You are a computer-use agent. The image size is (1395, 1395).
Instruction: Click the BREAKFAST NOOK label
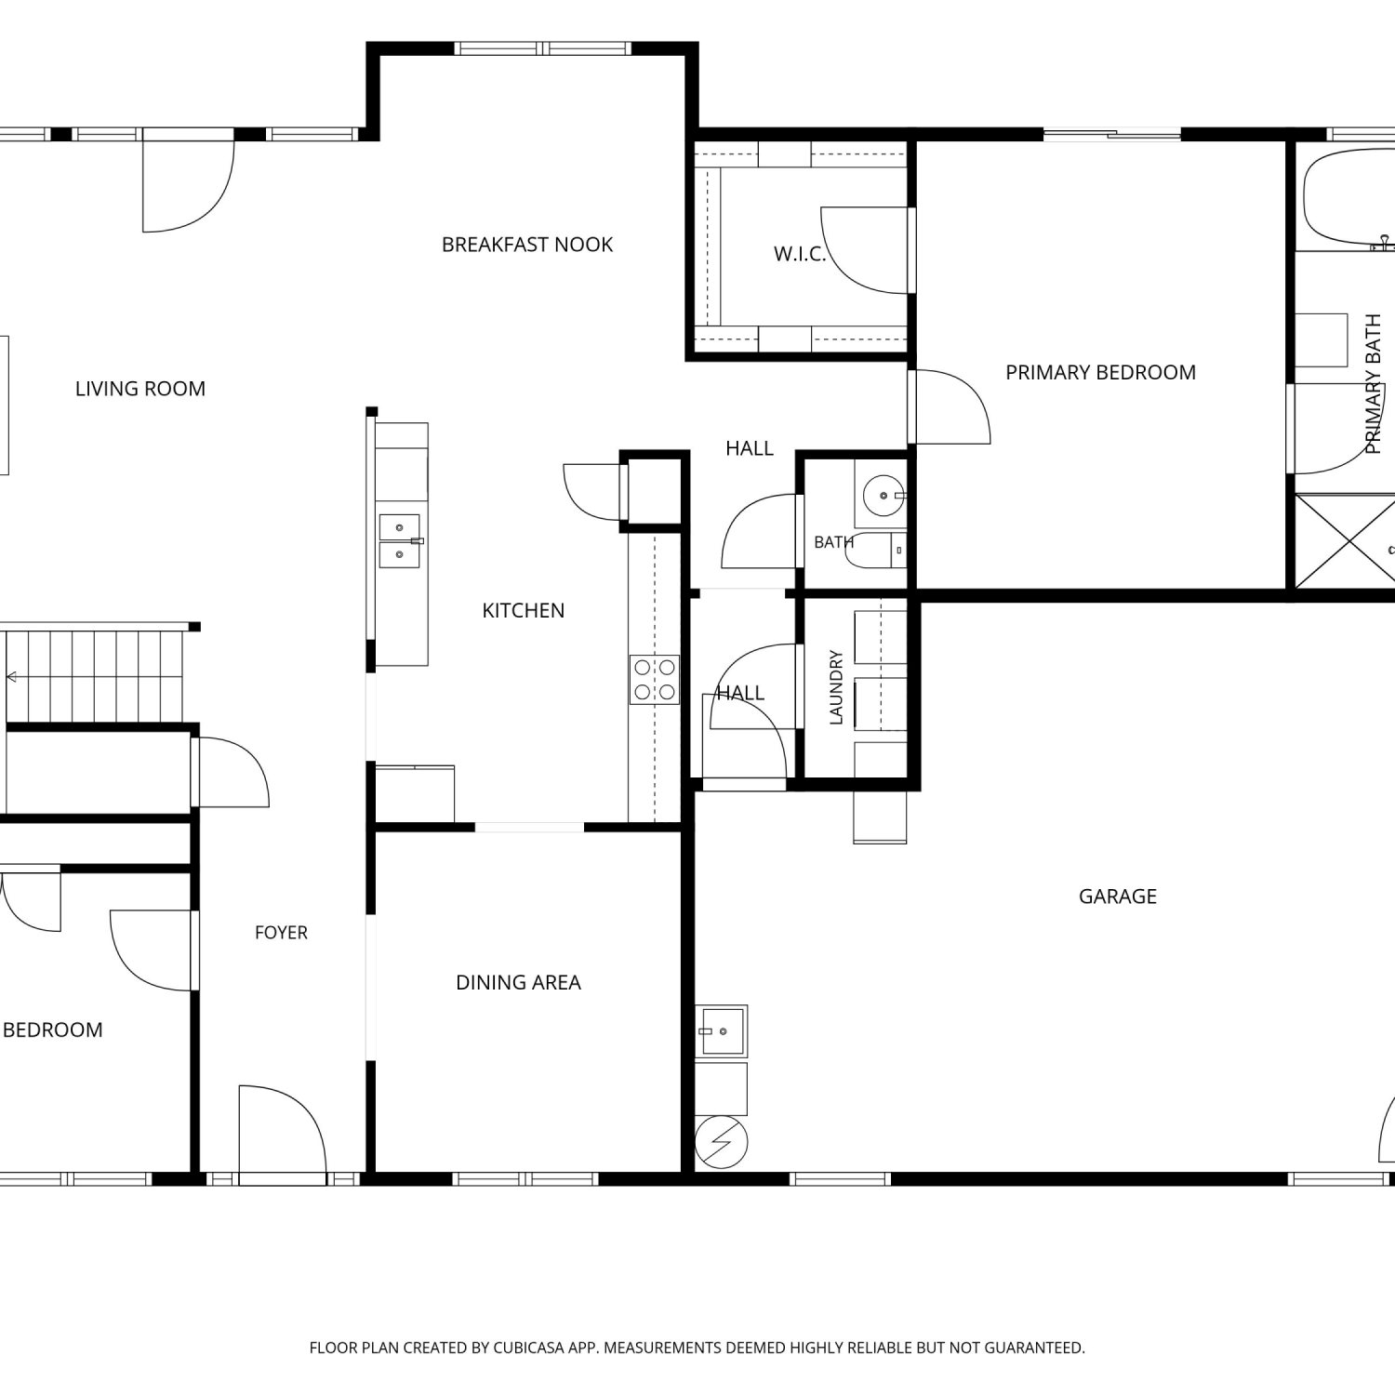527,245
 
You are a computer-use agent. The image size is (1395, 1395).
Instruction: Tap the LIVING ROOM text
140,389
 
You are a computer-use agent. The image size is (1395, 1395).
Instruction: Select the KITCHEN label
524,610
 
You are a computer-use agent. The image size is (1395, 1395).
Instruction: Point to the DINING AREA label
518,982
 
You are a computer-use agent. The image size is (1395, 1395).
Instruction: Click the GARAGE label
1118,897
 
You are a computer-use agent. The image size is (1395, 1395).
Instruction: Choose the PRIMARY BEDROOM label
1101,372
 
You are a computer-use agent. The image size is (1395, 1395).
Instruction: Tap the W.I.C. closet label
800,254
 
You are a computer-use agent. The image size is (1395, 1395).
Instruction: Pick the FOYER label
281,933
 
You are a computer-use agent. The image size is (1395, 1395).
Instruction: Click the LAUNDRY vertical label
835,687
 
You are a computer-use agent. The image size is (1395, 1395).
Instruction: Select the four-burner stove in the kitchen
655,679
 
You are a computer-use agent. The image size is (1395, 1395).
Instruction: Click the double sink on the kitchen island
400,540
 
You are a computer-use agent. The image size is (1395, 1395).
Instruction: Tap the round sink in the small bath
883,496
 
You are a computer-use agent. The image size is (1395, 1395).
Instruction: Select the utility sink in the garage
722,1031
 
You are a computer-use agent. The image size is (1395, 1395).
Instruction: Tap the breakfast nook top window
543,48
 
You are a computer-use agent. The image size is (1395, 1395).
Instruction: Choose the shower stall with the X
1345,541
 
